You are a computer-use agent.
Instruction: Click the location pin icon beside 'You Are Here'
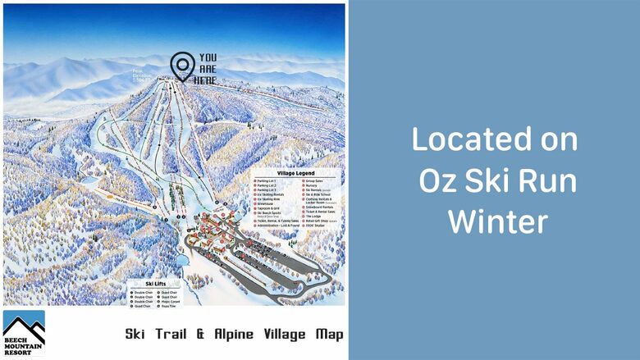182,66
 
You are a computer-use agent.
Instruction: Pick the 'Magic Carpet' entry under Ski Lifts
172,300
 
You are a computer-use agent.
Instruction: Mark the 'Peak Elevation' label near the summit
144,75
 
